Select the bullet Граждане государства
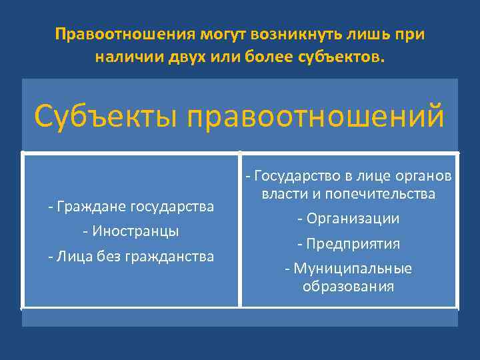[131, 207]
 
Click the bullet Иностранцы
[131, 231]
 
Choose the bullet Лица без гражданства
[131, 256]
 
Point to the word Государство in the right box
[299, 176]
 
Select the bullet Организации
[349, 219]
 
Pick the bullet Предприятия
[349, 243]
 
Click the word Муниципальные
[353, 269]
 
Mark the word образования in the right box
[348, 287]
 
